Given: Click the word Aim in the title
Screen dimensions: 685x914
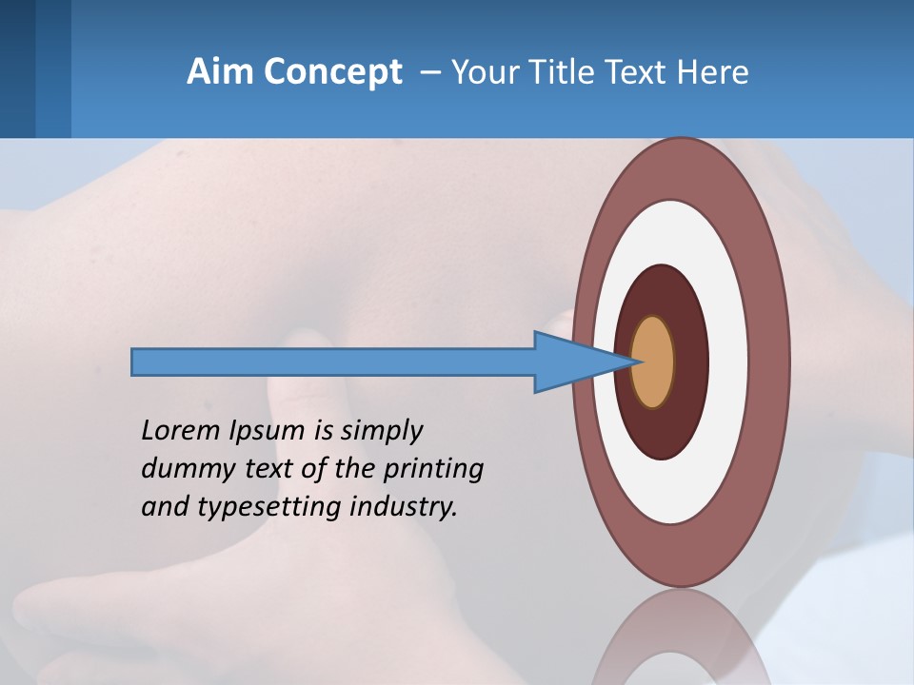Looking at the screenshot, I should coord(220,71).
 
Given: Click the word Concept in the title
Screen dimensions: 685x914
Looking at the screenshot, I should coord(332,72).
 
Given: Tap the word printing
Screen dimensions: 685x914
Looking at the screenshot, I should coord(432,470).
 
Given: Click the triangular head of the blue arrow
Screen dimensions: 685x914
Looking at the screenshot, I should coord(571,362).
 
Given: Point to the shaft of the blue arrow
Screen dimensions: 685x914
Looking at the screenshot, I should coord(333,362).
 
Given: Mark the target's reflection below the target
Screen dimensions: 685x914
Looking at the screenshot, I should coord(681,637).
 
